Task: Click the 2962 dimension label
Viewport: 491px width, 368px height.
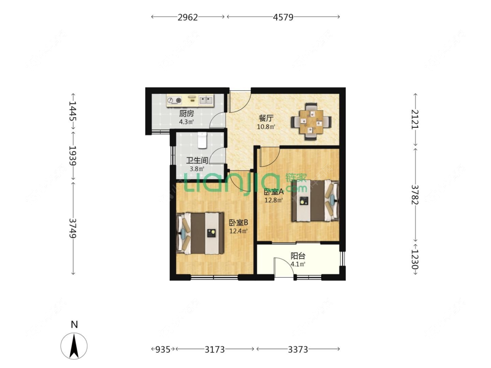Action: point(188,17)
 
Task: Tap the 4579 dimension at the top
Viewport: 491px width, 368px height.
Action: point(283,17)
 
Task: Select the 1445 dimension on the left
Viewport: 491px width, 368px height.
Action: point(72,111)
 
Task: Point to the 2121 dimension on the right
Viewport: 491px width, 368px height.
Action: point(415,119)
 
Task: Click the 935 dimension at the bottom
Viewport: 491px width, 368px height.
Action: point(163,349)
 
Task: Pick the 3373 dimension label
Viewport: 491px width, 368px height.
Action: point(298,349)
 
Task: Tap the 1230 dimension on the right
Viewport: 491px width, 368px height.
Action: point(415,259)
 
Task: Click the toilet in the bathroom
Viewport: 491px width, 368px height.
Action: point(203,140)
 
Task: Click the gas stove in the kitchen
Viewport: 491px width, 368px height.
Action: point(175,100)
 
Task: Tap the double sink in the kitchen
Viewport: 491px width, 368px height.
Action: point(206,100)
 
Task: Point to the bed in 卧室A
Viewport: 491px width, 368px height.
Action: point(315,200)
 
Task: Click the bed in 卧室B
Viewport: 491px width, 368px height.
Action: point(200,233)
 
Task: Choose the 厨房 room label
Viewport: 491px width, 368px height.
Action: point(186,114)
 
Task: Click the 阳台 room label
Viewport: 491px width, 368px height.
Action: point(298,256)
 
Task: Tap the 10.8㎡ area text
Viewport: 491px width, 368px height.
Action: point(266,127)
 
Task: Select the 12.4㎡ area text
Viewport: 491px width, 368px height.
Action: point(238,231)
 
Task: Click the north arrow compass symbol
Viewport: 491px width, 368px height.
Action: point(74,346)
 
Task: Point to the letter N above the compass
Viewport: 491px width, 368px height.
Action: point(74,324)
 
